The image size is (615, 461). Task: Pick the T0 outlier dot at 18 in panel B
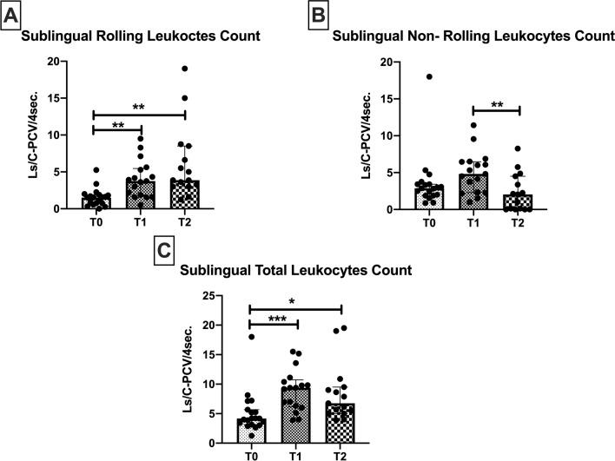pos(428,76)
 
